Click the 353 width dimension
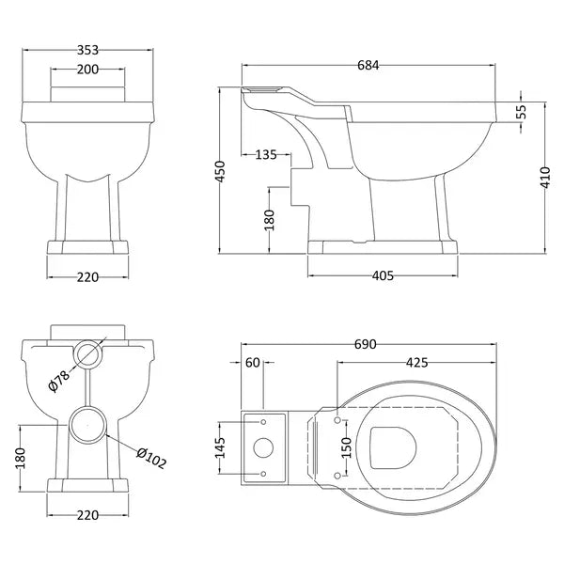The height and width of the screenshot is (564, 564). click(87, 50)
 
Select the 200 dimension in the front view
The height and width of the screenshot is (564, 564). click(87, 70)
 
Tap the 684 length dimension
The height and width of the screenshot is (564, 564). click(368, 65)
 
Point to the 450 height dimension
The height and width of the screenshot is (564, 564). click(220, 172)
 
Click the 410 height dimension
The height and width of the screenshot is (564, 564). click(545, 178)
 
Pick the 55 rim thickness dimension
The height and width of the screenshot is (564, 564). click(521, 112)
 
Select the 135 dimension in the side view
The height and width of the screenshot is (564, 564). click(266, 155)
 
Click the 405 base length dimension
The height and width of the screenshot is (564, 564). click(383, 275)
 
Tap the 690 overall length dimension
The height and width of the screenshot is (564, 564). click(365, 344)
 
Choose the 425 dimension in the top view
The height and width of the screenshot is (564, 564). click(416, 363)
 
